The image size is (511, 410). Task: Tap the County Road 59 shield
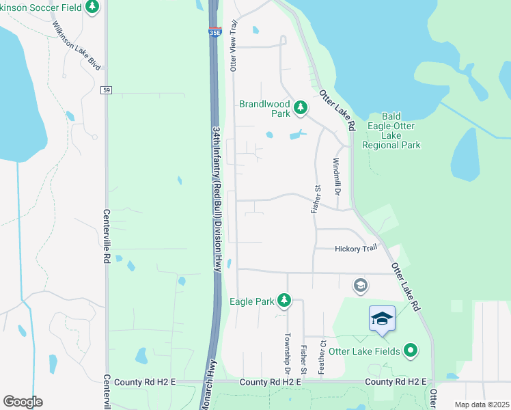click(x=106, y=90)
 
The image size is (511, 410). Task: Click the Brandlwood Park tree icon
click(x=299, y=107)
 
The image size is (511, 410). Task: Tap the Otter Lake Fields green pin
click(x=410, y=351)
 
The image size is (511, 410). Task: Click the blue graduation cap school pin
click(x=382, y=318)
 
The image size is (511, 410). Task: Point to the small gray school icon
click(x=360, y=284)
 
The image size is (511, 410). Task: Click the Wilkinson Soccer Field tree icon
click(x=92, y=8)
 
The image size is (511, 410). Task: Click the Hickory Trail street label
click(x=356, y=249)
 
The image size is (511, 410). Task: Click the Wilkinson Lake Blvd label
click(x=77, y=46)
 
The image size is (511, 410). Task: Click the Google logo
click(x=23, y=402)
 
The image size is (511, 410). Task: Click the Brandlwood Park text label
click(x=264, y=109)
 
